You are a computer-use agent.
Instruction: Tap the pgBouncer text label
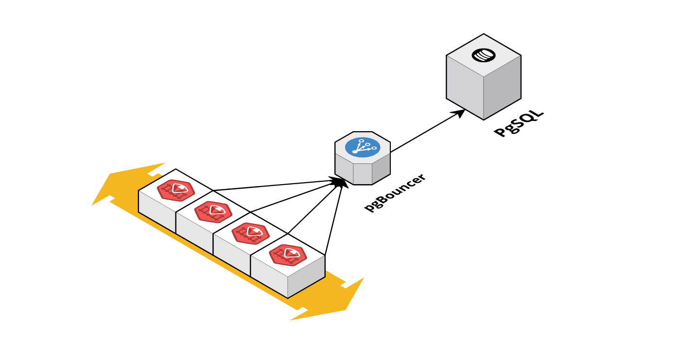(x=395, y=192)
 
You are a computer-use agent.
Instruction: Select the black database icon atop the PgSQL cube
(x=484, y=55)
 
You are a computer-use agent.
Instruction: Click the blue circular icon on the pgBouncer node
(x=362, y=147)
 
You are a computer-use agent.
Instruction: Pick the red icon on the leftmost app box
(x=175, y=189)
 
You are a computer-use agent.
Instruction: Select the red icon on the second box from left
(x=213, y=211)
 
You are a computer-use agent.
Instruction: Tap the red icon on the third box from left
(x=250, y=233)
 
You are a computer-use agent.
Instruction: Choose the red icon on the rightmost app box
(x=288, y=255)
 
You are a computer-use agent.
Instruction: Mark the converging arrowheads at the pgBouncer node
(x=341, y=182)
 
